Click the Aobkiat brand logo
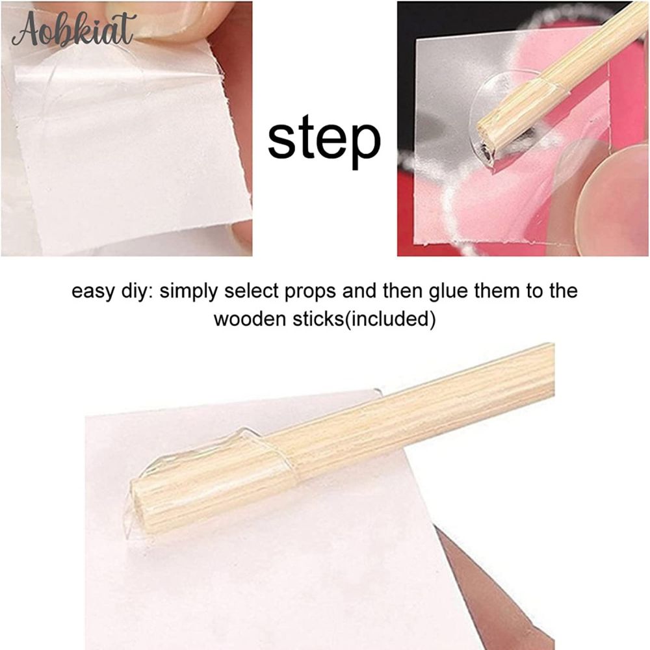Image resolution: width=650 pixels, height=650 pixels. (74, 29)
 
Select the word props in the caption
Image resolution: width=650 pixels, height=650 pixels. (310, 292)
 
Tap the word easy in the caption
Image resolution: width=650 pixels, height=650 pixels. (92, 292)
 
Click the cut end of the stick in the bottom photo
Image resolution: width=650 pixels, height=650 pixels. (138, 508)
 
